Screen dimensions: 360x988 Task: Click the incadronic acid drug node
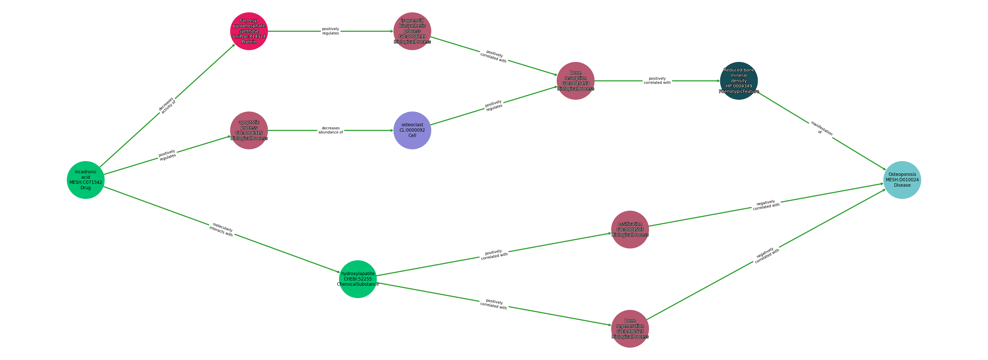pyautogui.click(x=85, y=180)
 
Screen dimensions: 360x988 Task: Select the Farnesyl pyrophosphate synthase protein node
pyautogui.click(x=249, y=31)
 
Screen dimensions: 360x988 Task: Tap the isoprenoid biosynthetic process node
pyautogui.click(x=412, y=31)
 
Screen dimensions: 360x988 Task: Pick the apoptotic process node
pyautogui.click(x=249, y=130)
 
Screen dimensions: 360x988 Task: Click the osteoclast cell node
pyautogui.click(x=412, y=130)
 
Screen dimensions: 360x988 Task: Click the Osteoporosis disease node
pyautogui.click(x=902, y=180)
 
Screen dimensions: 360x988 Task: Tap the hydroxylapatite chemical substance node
pyautogui.click(x=358, y=279)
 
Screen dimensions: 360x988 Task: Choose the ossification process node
pyautogui.click(x=630, y=230)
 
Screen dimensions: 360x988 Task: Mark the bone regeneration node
pyautogui.click(x=630, y=329)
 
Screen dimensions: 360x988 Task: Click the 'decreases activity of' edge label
pyautogui.click(x=167, y=105)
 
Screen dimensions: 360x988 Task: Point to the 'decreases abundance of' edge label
pyautogui.click(x=331, y=130)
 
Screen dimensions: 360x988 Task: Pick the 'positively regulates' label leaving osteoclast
pyautogui.click(x=494, y=105)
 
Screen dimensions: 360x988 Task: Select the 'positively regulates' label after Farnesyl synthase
pyautogui.click(x=331, y=31)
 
